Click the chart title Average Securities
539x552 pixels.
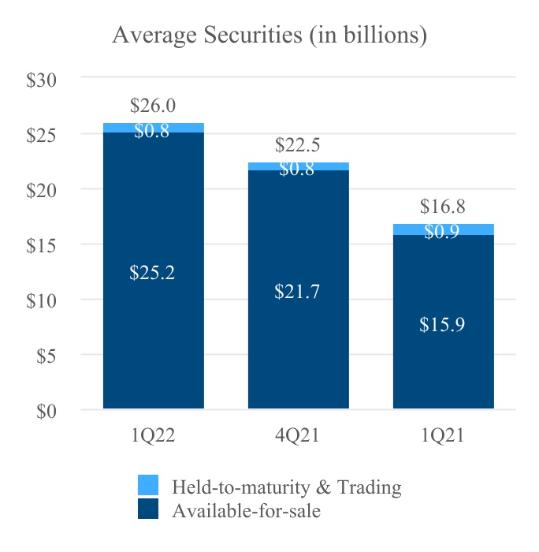tap(269, 35)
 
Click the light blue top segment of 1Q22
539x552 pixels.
tap(154, 128)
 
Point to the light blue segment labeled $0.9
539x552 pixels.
tap(444, 229)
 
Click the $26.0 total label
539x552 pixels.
tap(153, 106)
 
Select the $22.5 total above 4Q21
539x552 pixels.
tap(298, 145)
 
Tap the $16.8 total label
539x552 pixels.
tap(443, 207)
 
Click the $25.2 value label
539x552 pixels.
tap(153, 274)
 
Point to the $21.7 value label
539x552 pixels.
tap(298, 292)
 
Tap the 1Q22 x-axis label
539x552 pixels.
tap(153, 435)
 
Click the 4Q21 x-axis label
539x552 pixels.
tap(298, 435)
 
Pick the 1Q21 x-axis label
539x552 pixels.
tap(443, 435)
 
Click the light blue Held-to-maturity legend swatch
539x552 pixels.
tap(148, 486)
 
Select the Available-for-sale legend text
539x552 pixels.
tap(246, 510)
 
